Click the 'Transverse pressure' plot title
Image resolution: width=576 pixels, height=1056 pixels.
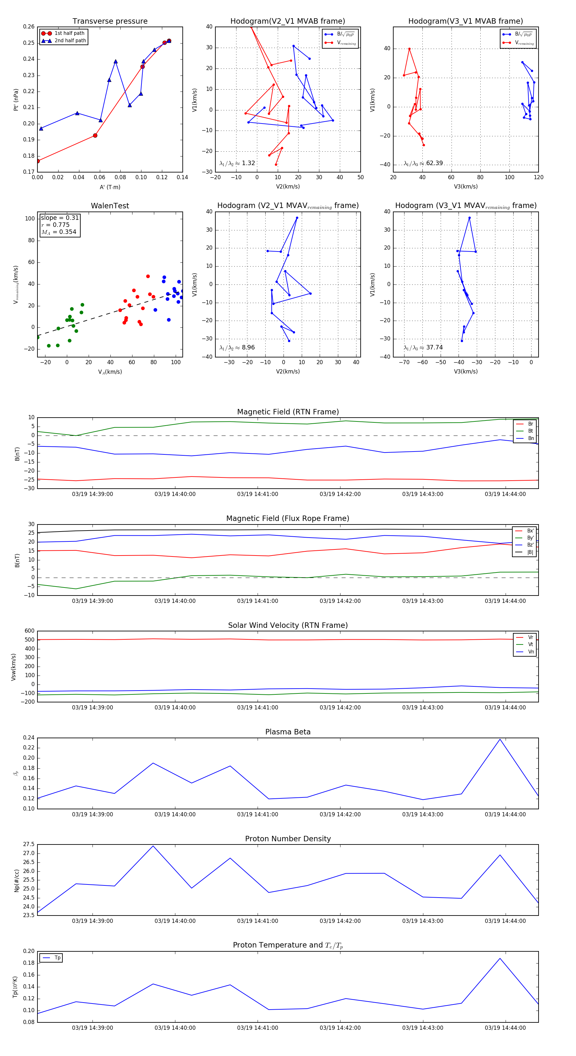(x=110, y=21)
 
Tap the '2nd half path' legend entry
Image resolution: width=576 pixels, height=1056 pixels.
(x=70, y=41)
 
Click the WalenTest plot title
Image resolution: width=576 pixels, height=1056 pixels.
(x=110, y=206)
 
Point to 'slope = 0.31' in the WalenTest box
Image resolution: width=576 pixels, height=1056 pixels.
(x=60, y=218)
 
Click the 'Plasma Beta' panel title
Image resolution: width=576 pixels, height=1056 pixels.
(x=288, y=732)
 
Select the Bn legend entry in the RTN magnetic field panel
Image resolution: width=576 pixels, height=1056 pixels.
(x=531, y=438)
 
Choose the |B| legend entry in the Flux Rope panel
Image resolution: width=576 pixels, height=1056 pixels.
(x=530, y=552)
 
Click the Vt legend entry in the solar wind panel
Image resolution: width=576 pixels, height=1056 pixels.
(x=531, y=644)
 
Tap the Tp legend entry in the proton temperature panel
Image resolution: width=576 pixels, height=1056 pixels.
(x=57, y=958)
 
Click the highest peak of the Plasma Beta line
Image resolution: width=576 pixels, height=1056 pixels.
(x=500, y=739)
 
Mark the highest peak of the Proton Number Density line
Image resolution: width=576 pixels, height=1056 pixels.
(x=153, y=846)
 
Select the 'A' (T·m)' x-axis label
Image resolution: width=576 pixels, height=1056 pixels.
(x=110, y=187)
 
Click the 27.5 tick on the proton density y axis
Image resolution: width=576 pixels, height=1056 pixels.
(x=29, y=844)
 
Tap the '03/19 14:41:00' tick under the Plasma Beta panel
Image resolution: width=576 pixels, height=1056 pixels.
(x=258, y=814)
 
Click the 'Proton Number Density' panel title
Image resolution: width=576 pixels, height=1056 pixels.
(x=288, y=839)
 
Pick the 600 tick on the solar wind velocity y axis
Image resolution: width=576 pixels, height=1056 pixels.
(x=29, y=631)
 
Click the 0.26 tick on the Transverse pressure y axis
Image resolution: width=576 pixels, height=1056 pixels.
(x=29, y=27)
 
